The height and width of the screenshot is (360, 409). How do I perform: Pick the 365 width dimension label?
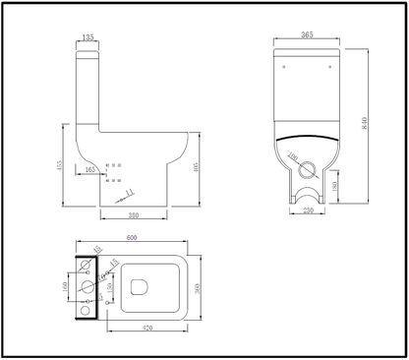click(306, 35)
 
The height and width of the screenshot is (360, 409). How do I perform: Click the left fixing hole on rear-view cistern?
click(285, 67)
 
